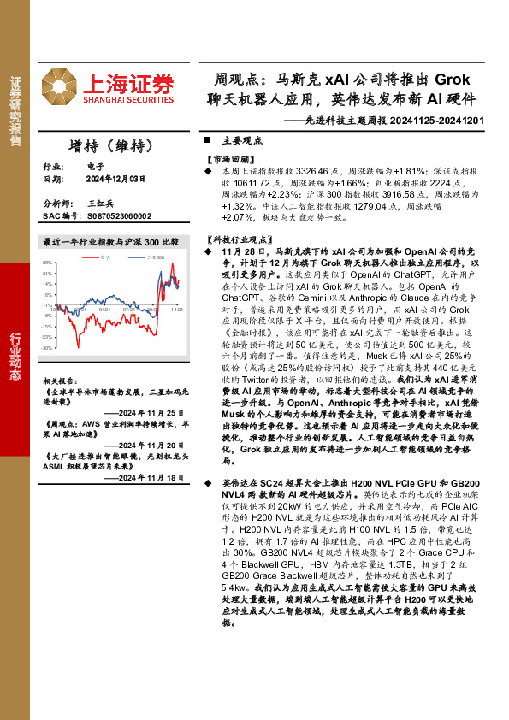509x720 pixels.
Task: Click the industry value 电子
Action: (x=94, y=166)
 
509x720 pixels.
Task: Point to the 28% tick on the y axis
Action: (x=48, y=263)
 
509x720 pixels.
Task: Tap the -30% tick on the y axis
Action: (x=48, y=348)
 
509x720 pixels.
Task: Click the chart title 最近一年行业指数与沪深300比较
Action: (x=110, y=242)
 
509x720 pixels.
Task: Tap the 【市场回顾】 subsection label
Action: (x=229, y=160)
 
